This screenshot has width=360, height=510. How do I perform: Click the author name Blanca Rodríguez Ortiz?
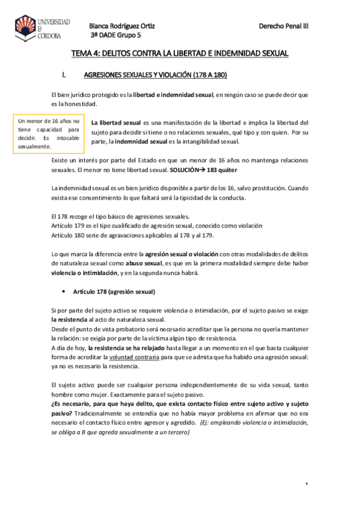123,26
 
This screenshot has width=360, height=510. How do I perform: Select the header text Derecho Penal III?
283,26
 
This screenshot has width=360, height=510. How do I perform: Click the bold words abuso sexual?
144,263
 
